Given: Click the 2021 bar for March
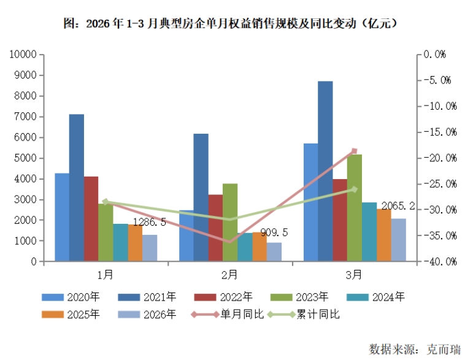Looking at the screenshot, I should (x=325, y=171).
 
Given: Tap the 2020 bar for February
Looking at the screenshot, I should (x=187, y=236).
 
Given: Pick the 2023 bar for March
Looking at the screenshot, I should (x=355, y=208).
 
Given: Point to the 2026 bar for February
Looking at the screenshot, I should (x=274, y=252).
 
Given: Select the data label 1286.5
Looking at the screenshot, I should (x=154, y=221).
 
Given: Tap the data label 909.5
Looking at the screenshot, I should (x=275, y=232).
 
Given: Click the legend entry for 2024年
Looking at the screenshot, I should (x=375, y=297).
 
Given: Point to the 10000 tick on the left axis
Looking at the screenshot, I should (x=22, y=55).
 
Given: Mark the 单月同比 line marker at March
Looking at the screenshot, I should (x=354, y=151).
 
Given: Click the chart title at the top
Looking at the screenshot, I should (x=236, y=24).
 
